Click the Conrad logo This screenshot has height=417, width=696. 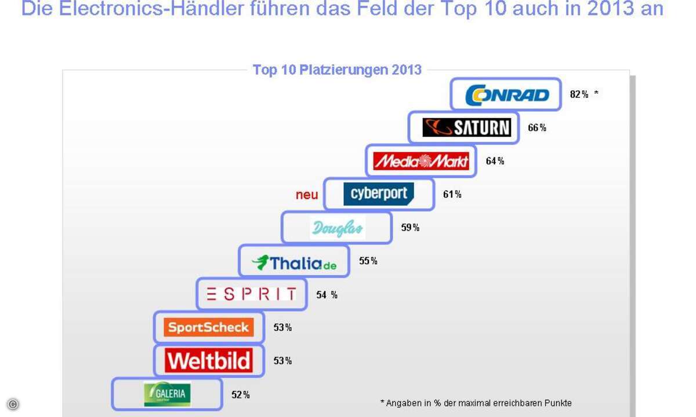(506, 94)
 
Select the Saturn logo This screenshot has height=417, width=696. (466, 127)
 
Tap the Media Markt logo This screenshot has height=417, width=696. (422, 161)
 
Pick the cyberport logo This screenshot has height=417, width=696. (379, 194)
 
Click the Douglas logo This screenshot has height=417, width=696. (338, 228)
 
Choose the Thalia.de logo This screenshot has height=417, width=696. (294, 262)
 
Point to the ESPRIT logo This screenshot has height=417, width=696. (251, 294)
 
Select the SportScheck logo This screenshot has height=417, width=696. (209, 327)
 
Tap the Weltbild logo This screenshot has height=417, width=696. (209, 360)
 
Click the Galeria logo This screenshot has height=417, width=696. (167, 394)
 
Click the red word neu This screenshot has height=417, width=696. (307, 195)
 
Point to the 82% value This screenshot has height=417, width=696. (579, 94)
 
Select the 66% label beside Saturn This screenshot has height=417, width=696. (536, 128)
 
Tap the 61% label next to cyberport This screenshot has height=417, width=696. (452, 195)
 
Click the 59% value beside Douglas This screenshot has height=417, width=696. (410, 228)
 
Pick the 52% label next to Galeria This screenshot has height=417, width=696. (240, 395)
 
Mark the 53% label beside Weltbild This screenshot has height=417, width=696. (282, 361)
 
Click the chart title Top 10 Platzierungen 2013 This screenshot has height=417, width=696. (337, 70)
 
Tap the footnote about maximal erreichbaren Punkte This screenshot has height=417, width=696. (476, 403)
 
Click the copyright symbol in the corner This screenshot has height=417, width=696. (13, 404)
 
